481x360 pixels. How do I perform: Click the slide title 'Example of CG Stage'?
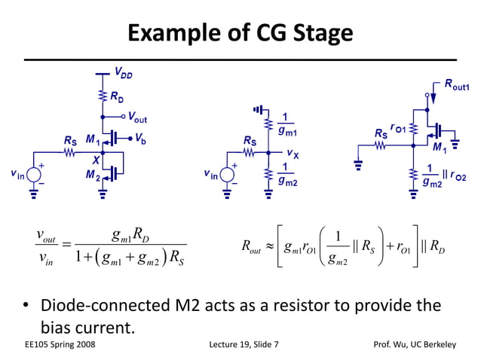(x=240, y=32)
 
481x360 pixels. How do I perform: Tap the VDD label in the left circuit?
(x=124, y=73)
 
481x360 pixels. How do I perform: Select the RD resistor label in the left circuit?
(x=118, y=96)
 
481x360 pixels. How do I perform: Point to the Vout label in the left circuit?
(x=137, y=117)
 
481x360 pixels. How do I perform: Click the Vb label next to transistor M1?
(x=142, y=138)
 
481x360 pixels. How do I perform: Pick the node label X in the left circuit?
(x=96, y=160)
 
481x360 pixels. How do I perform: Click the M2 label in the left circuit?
(x=90, y=176)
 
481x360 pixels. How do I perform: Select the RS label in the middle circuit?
(x=250, y=140)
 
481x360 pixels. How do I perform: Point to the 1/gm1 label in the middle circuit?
(x=286, y=123)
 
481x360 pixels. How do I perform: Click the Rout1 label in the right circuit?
(x=457, y=87)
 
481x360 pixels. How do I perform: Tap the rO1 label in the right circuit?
(x=399, y=127)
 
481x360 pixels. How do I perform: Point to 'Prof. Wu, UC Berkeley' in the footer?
(x=415, y=345)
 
